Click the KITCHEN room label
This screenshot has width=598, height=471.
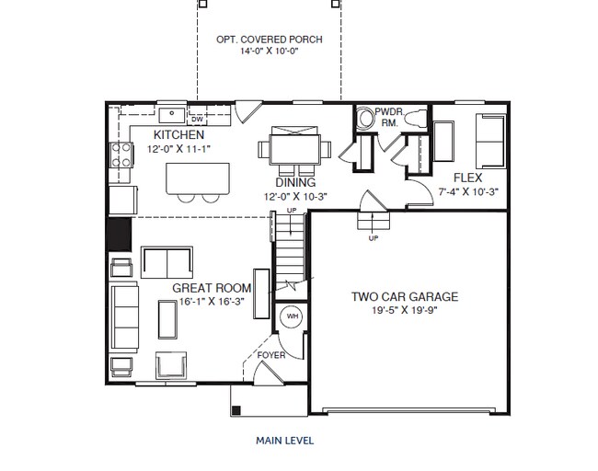178,134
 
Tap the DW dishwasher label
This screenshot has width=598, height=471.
197,120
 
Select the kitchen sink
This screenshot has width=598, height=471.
172,114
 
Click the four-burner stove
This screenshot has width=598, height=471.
121,155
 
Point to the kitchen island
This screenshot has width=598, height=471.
198,178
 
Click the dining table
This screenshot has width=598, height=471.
294,149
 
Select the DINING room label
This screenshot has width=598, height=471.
295,182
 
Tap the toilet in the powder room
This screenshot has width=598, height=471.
416,118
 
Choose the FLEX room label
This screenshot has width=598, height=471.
467,178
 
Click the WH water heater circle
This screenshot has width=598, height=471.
293,316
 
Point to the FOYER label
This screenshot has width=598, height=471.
271,355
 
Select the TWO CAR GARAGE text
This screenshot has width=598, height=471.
405,297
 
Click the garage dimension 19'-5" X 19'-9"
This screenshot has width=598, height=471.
405,310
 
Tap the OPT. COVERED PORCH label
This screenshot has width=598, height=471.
270,40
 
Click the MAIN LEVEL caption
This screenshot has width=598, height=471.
285,441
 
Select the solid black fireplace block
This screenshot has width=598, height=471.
120,235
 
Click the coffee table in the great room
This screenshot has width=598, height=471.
167,319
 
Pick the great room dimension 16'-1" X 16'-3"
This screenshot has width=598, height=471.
212,302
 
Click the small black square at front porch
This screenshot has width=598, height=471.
236,410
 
